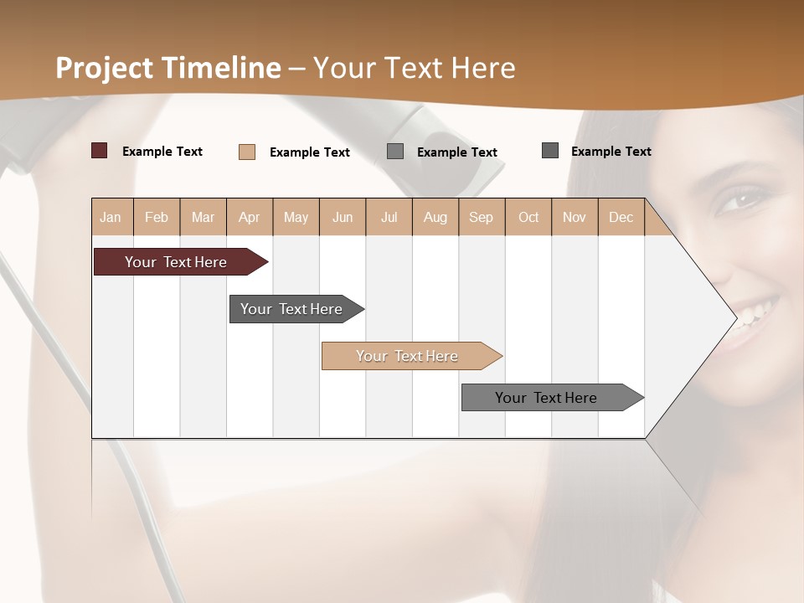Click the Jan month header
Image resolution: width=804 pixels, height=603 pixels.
pyautogui.click(x=111, y=217)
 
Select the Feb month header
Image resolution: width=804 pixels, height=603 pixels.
pyautogui.click(x=157, y=217)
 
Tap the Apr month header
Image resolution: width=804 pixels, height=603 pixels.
pyautogui.click(x=249, y=217)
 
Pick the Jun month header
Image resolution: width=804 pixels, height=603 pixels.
pyautogui.click(x=343, y=217)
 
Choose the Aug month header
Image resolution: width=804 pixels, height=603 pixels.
pyautogui.click(x=435, y=217)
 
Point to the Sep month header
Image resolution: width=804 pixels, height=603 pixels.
pyautogui.click(x=481, y=217)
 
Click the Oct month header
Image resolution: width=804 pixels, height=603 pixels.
pyautogui.click(x=528, y=217)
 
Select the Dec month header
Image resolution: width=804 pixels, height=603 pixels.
pyautogui.click(x=621, y=217)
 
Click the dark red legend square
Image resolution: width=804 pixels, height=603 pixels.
pyautogui.click(x=100, y=151)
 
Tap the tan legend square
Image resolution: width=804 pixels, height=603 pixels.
pyautogui.click(x=247, y=152)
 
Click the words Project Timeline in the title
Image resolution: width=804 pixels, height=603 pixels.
pyautogui.click(x=167, y=68)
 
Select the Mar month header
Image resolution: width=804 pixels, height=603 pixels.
pyautogui.click(x=203, y=217)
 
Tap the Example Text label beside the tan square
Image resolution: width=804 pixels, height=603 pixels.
pyautogui.click(x=309, y=152)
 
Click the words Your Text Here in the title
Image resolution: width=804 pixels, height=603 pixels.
pyautogui.click(x=414, y=68)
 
